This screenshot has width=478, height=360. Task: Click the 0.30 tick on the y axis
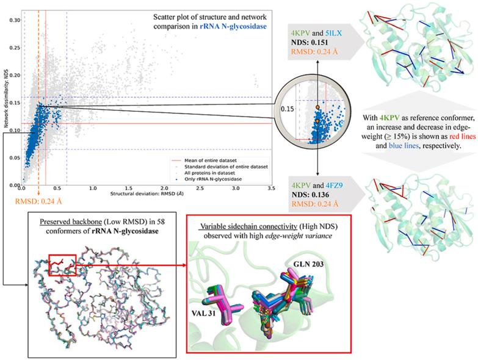(13, 20)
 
